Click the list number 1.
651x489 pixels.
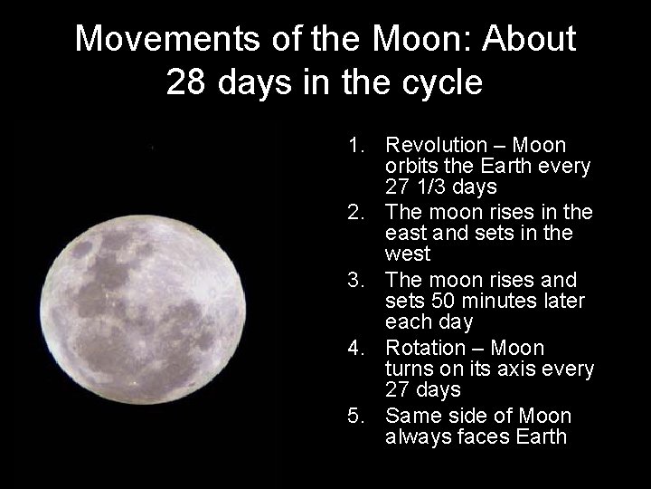[x=354, y=145]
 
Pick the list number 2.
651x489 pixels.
[x=354, y=213]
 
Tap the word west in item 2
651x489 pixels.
[x=408, y=254]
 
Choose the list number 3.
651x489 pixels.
[x=354, y=281]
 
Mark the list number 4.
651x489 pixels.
[x=354, y=349]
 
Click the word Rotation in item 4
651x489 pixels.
[x=426, y=349]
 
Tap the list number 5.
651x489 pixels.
[x=354, y=417]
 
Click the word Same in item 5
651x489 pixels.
[x=411, y=417]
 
